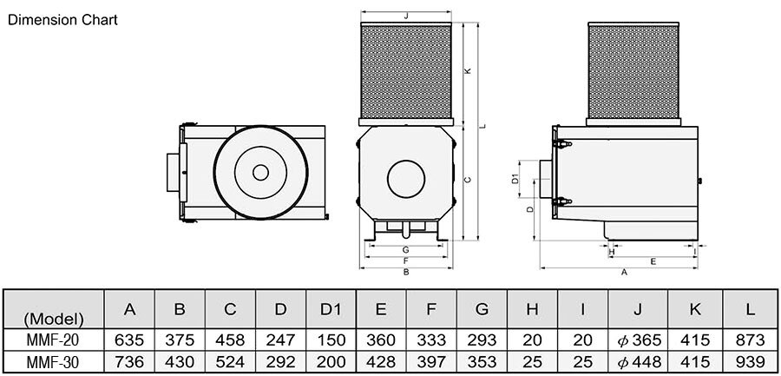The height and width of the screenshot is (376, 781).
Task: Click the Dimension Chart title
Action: click(x=62, y=21)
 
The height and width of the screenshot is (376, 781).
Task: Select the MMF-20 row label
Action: click(x=53, y=340)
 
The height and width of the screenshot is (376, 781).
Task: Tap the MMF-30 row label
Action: click(x=53, y=361)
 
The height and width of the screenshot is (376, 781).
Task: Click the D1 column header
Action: click(x=331, y=309)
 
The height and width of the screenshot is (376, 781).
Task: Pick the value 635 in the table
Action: click(x=129, y=340)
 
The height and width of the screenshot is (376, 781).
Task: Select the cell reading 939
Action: click(x=750, y=361)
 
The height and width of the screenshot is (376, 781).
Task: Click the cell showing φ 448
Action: click(x=639, y=361)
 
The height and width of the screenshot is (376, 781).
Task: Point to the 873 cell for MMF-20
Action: click(x=750, y=340)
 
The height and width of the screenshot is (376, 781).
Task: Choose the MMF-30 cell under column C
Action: click(x=230, y=361)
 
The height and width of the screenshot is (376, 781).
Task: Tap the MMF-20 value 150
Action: click(x=331, y=340)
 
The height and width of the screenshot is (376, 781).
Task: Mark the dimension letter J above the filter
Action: click(x=406, y=16)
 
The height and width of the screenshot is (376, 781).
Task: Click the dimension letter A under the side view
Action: click(x=624, y=273)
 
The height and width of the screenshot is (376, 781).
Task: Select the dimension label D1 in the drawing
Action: click(x=515, y=179)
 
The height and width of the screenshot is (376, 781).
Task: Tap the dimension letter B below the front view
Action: click(x=406, y=273)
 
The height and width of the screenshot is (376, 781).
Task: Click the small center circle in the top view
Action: click(x=260, y=173)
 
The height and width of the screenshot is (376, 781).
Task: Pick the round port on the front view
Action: click(x=406, y=179)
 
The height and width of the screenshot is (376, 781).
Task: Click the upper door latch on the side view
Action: click(x=561, y=144)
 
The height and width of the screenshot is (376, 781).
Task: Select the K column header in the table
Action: click(x=695, y=309)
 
